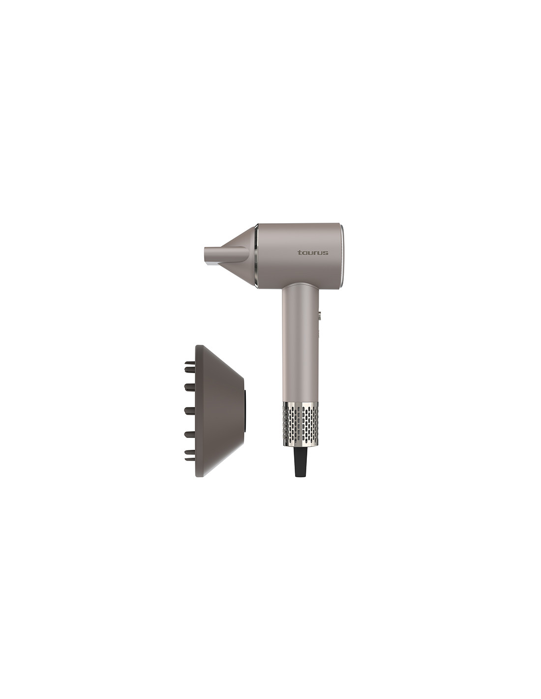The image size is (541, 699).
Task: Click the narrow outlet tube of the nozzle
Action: (225, 256)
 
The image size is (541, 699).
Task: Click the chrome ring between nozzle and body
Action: (256, 256)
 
